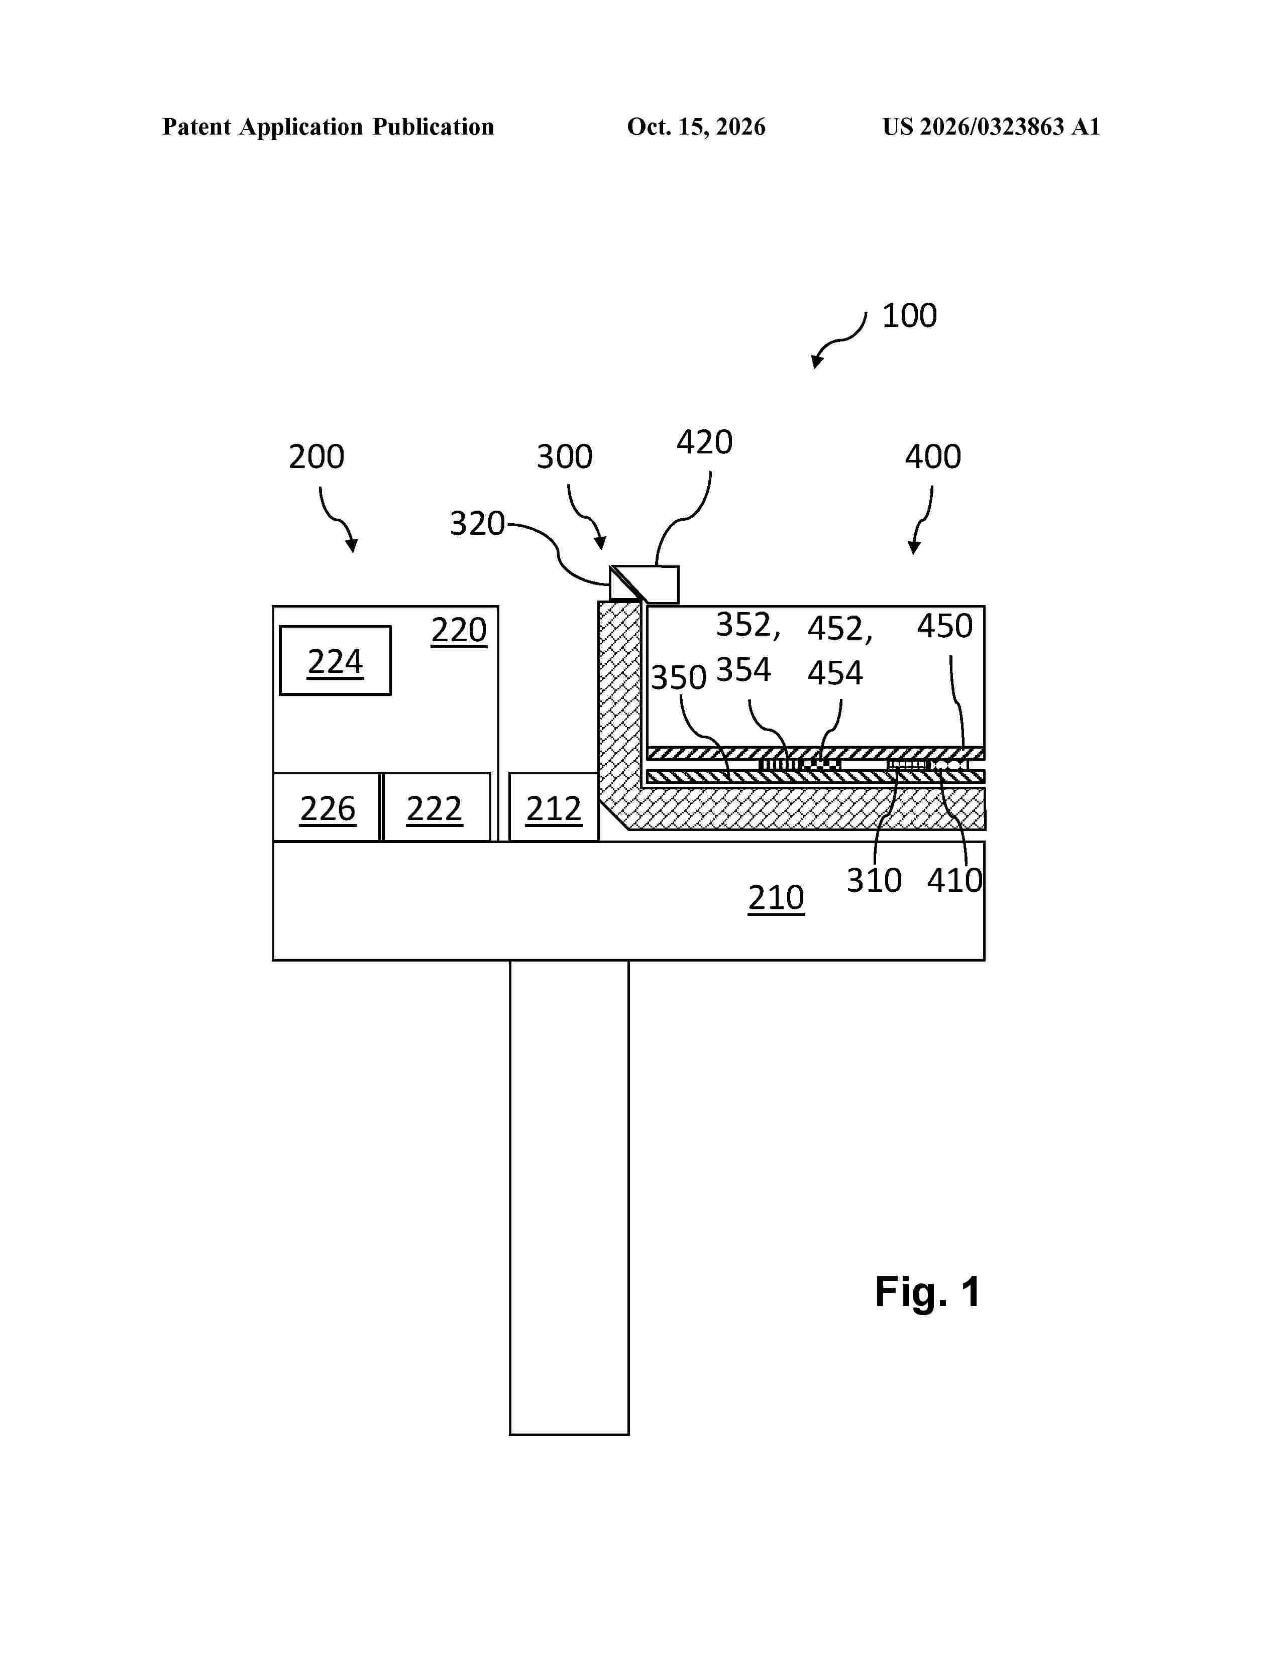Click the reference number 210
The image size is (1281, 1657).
(776, 898)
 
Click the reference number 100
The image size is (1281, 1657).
(909, 316)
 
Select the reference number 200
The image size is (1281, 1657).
(316, 457)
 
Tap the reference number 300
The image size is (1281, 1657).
(565, 457)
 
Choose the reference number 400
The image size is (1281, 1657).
(933, 457)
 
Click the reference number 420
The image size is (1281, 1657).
(704, 442)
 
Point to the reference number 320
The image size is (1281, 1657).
(477, 524)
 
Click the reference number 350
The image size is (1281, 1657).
(679, 677)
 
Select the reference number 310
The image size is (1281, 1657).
(874, 880)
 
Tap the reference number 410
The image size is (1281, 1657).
(954, 880)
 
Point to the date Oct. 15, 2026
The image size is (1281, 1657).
(696, 127)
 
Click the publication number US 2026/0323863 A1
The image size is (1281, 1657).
(991, 127)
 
